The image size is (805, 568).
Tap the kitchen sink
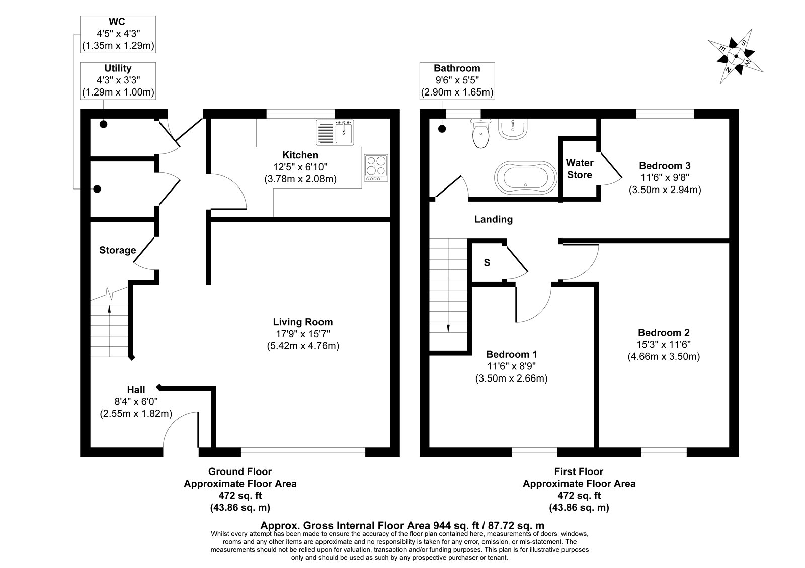click(x=335, y=132)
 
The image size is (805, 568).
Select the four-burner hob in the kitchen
click(x=376, y=168)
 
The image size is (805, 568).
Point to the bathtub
click(x=526, y=178)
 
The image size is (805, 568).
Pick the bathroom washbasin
click(x=513, y=129)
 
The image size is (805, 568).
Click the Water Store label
click(x=579, y=169)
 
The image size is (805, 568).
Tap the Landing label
click(x=494, y=219)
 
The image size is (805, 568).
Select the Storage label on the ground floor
click(x=118, y=250)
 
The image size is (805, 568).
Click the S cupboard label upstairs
click(x=487, y=263)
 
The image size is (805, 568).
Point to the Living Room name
click(x=302, y=322)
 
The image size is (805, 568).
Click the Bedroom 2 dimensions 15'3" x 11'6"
click(x=664, y=345)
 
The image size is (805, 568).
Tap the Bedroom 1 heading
click(x=511, y=355)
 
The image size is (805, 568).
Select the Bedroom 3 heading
click(x=665, y=166)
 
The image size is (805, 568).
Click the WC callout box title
click(x=117, y=22)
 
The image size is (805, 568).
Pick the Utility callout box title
click(x=118, y=68)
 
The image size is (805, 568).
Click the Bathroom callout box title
click(x=457, y=68)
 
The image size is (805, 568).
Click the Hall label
click(x=136, y=390)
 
